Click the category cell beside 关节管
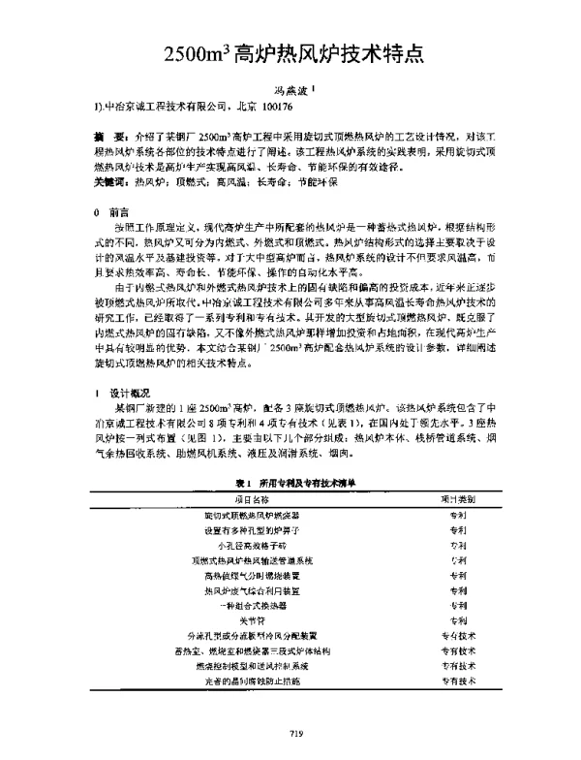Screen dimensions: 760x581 [459, 618]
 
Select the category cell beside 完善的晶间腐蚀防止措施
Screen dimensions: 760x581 [459, 682]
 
